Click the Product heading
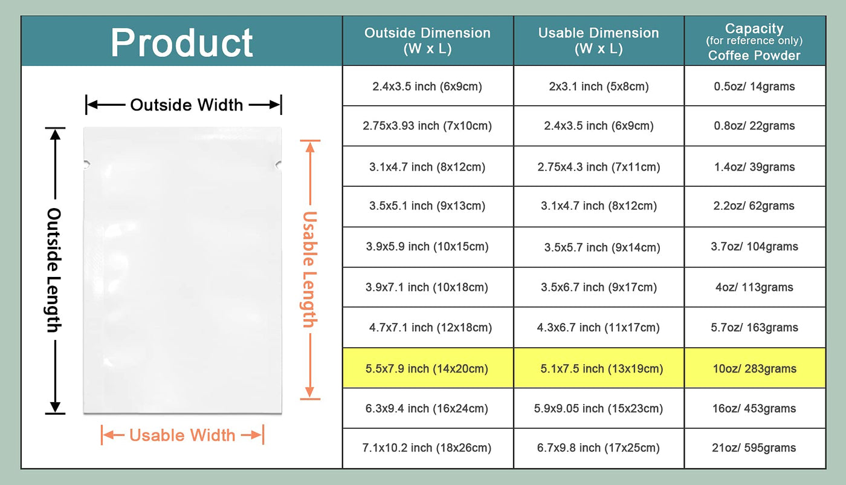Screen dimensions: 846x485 tap(182, 43)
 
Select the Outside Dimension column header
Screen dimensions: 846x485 tap(428, 41)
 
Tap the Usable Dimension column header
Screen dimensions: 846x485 tap(599, 41)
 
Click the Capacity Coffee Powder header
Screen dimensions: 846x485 tap(754, 42)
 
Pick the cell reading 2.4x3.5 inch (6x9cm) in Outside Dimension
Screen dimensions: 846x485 tap(427, 86)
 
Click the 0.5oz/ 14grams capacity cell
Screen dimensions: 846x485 tap(754, 86)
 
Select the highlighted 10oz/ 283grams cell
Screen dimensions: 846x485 tap(754, 368)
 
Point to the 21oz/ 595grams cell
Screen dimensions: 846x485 tap(754, 448)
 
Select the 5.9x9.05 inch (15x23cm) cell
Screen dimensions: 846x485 tap(598, 409)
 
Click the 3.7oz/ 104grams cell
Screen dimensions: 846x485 tap(754, 247)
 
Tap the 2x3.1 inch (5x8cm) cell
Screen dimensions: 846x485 tap(599, 86)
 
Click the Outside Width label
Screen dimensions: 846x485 tap(187, 105)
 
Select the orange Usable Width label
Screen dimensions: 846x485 tap(182, 435)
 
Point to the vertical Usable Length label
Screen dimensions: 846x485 tap(310, 269)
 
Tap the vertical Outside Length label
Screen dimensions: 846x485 tap(54, 270)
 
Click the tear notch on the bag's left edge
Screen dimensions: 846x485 tap(86, 164)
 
